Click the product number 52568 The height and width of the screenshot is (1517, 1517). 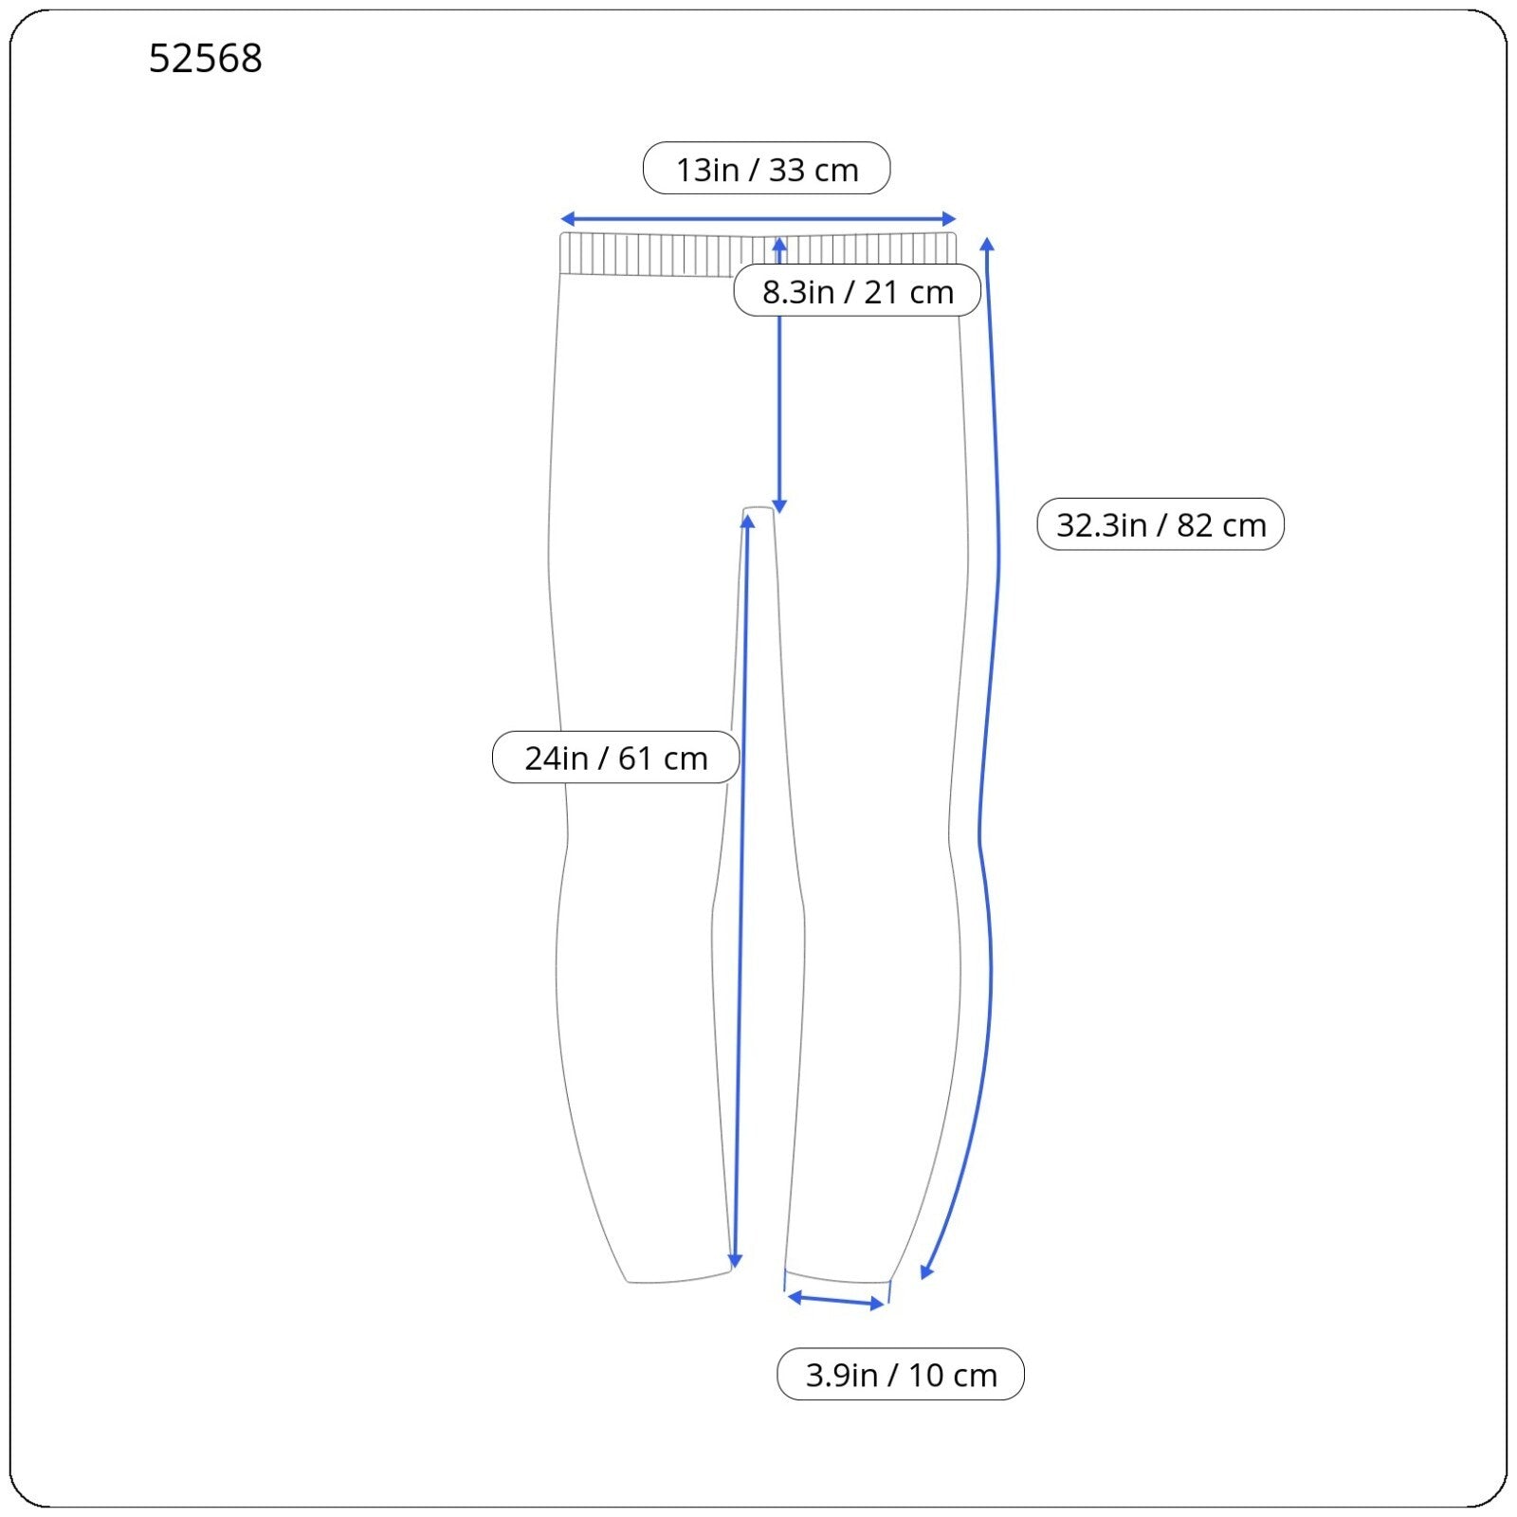(x=205, y=59)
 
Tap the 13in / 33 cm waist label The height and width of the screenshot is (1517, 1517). (x=766, y=169)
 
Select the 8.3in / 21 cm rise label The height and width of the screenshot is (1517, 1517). (x=857, y=291)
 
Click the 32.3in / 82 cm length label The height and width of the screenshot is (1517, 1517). (x=1161, y=524)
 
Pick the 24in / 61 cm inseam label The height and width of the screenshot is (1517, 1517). (x=615, y=758)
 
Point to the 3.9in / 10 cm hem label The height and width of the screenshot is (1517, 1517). (x=901, y=1374)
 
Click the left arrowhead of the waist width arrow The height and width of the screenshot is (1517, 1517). (x=566, y=220)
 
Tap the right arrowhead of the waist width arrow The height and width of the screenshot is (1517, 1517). (x=951, y=220)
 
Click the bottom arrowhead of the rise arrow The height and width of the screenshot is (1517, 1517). (x=779, y=507)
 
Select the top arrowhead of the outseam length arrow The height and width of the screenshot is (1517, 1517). (x=987, y=244)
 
